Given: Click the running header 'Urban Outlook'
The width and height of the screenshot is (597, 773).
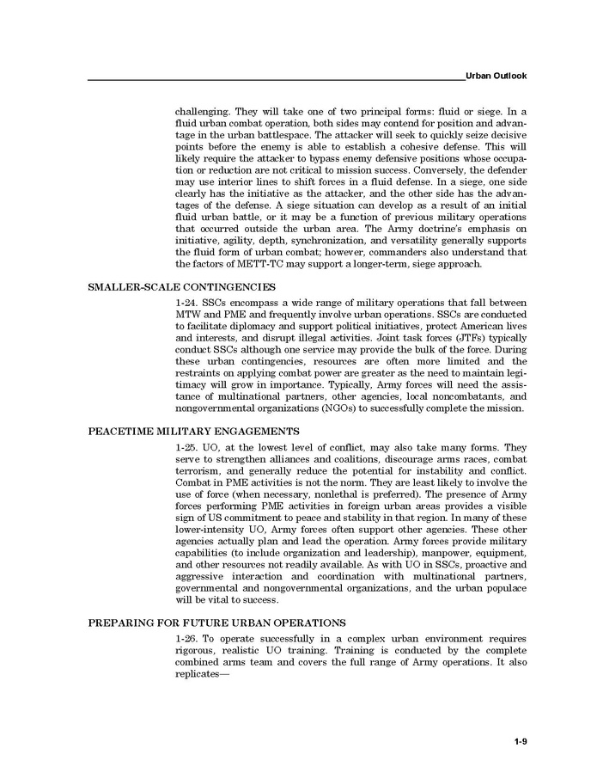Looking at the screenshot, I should coord(496,77).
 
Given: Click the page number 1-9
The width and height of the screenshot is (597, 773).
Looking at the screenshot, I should coord(521,740).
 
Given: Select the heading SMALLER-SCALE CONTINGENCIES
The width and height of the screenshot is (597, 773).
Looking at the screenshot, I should coord(182,286).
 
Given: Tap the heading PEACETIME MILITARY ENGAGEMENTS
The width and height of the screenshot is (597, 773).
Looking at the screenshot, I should coord(194,430).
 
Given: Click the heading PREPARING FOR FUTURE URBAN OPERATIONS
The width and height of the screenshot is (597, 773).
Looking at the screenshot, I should coord(217,622).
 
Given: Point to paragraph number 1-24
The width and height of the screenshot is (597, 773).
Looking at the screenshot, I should coord(186,304).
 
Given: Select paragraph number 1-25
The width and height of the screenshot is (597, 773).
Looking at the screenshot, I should coord(186,448).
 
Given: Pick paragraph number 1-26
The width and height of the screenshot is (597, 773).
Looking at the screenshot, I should coord(186,639).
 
